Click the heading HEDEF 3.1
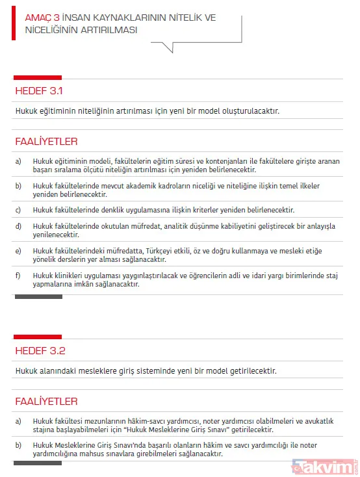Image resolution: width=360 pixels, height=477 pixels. pos(39,91)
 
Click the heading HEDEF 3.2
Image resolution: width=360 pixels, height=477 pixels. pos(40,351)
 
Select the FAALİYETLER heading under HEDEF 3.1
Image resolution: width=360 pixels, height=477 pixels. pos(46,140)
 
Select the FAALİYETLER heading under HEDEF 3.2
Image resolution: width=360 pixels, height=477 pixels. pos(46,401)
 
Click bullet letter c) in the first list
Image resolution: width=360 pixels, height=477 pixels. pos(18,210)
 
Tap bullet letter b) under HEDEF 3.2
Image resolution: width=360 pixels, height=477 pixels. pos(18,445)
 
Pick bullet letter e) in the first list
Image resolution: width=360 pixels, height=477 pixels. pos(18,251)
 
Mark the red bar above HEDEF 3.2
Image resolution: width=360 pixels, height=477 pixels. pos(37,336)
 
